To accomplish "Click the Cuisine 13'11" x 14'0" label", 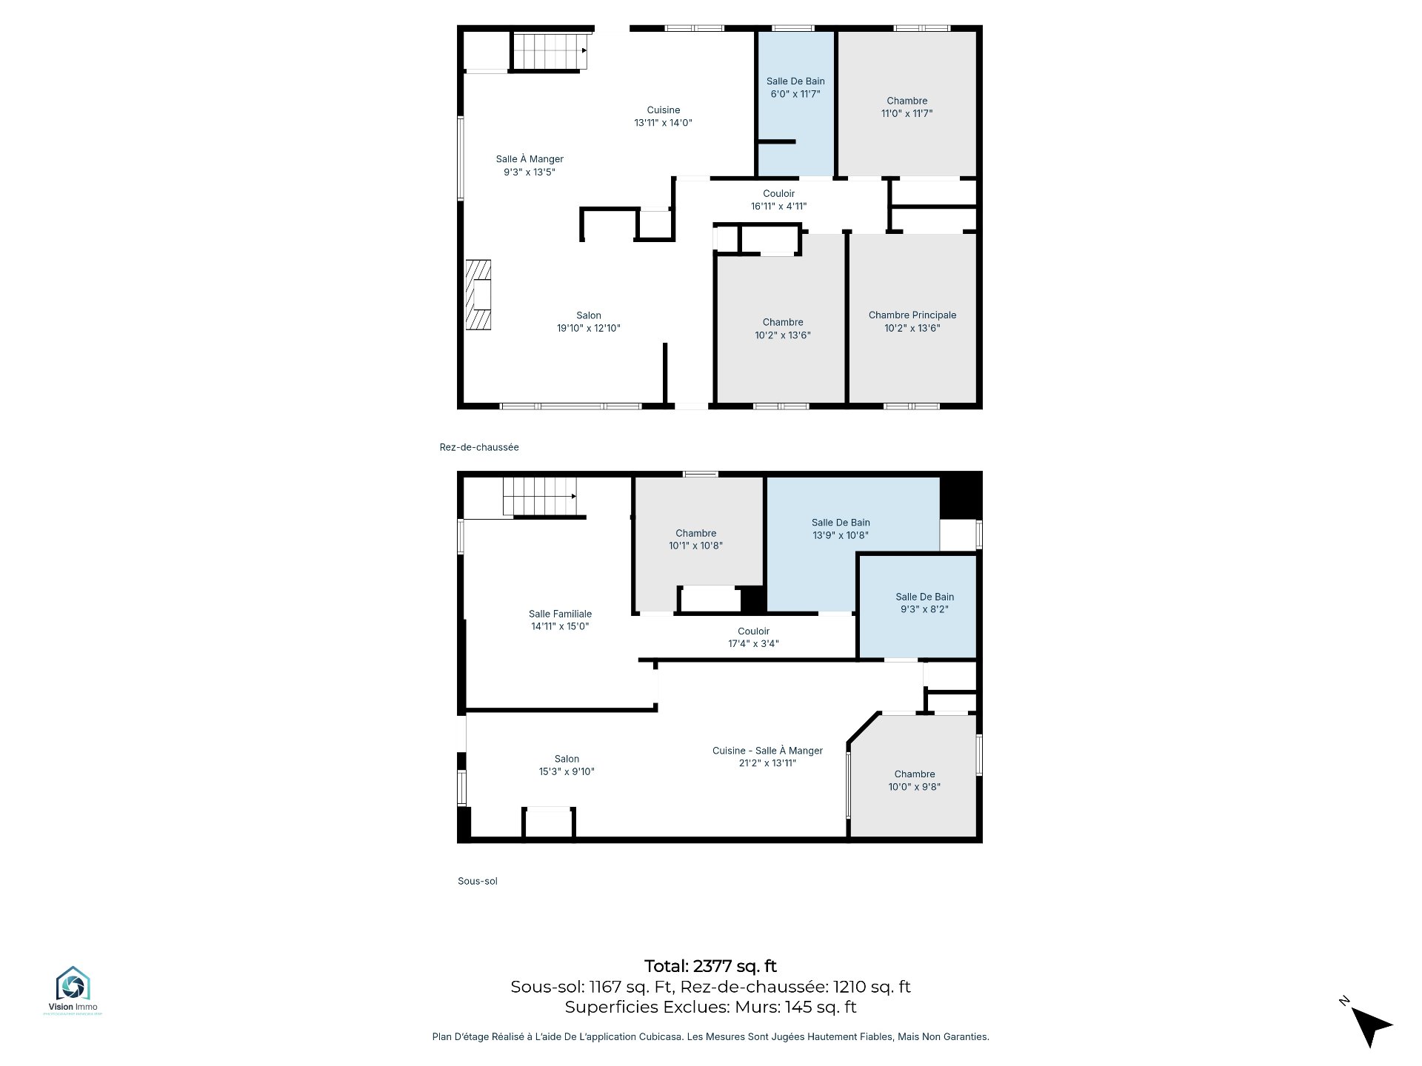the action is point(663,116).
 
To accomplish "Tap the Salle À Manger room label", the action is point(530,165).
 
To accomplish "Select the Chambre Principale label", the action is point(912,321).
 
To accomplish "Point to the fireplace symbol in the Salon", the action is point(478,295).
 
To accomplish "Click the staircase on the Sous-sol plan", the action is point(540,496).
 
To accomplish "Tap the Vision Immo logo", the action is point(73,990).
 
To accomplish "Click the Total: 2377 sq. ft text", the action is point(710,966).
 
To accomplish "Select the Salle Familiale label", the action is point(560,620).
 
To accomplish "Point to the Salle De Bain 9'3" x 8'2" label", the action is point(924,603).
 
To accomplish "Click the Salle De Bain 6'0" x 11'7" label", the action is point(795,87).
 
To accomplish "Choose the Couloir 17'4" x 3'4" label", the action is point(753,637).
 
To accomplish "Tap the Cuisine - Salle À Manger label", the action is point(767,757).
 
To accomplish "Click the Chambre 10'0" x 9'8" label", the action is point(915,780).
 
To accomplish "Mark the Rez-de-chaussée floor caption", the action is point(479,447).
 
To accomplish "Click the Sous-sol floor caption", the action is point(478,881).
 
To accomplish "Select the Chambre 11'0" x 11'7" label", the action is point(907,107).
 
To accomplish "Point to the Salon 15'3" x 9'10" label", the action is point(567,765).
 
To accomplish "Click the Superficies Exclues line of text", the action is point(710,1007).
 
